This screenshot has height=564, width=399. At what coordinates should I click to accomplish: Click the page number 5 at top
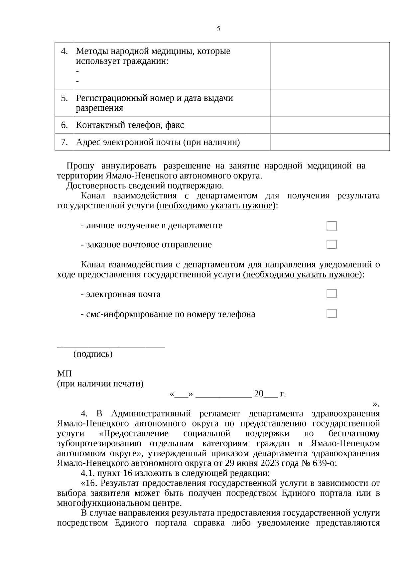(x=218, y=29)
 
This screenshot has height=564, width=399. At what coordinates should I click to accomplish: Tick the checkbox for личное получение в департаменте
(x=332, y=226)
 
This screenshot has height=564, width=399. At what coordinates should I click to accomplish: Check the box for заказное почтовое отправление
(x=332, y=245)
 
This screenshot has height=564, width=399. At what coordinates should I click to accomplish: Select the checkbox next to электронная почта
(x=332, y=294)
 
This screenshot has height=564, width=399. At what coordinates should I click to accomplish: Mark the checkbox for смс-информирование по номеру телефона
(x=332, y=314)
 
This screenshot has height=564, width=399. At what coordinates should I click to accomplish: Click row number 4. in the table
(x=65, y=51)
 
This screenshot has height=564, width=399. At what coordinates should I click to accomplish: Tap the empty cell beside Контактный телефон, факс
(x=330, y=125)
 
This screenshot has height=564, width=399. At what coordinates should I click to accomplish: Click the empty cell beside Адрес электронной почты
(x=330, y=142)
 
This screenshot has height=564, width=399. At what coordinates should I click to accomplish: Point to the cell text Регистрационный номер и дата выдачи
(x=154, y=98)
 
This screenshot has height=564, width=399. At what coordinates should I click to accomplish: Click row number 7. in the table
(x=65, y=142)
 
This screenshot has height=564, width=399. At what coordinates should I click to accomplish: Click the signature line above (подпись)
(x=111, y=347)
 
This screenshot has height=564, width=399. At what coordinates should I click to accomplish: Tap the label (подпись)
(x=93, y=354)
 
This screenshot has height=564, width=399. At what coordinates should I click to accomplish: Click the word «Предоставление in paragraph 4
(x=134, y=434)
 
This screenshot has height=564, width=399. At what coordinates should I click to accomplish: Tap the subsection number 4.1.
(x=87, y=473)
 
